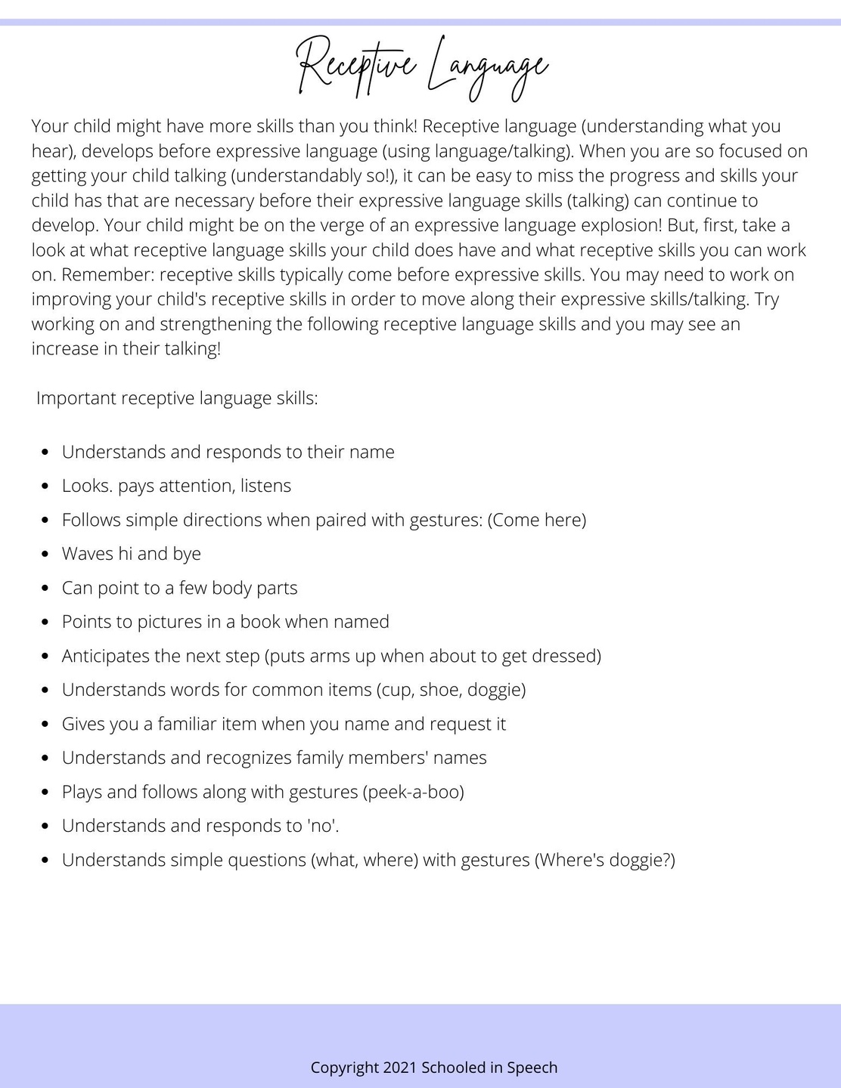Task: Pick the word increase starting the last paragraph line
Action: coord(65,349)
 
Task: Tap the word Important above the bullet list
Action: coord(76,398)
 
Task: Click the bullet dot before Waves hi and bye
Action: coord(46,555)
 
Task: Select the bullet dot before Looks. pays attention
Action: coord(46,487)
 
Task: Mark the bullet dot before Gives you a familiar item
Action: coord(46,725)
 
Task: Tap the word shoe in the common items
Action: coord(439,690)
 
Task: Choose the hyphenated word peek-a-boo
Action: coord(413,792)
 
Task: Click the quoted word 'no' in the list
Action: coord(321,826)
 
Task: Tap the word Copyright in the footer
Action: coord(345,1068)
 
